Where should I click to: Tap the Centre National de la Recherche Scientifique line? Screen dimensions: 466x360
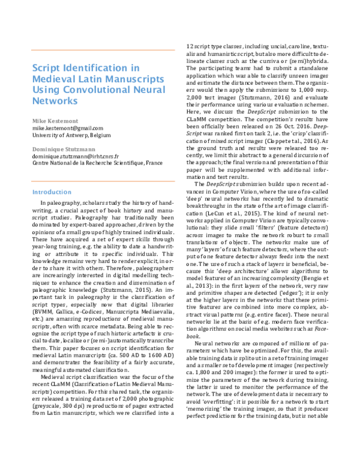[89, 163]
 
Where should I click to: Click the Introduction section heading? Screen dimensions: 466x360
[51, 193]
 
